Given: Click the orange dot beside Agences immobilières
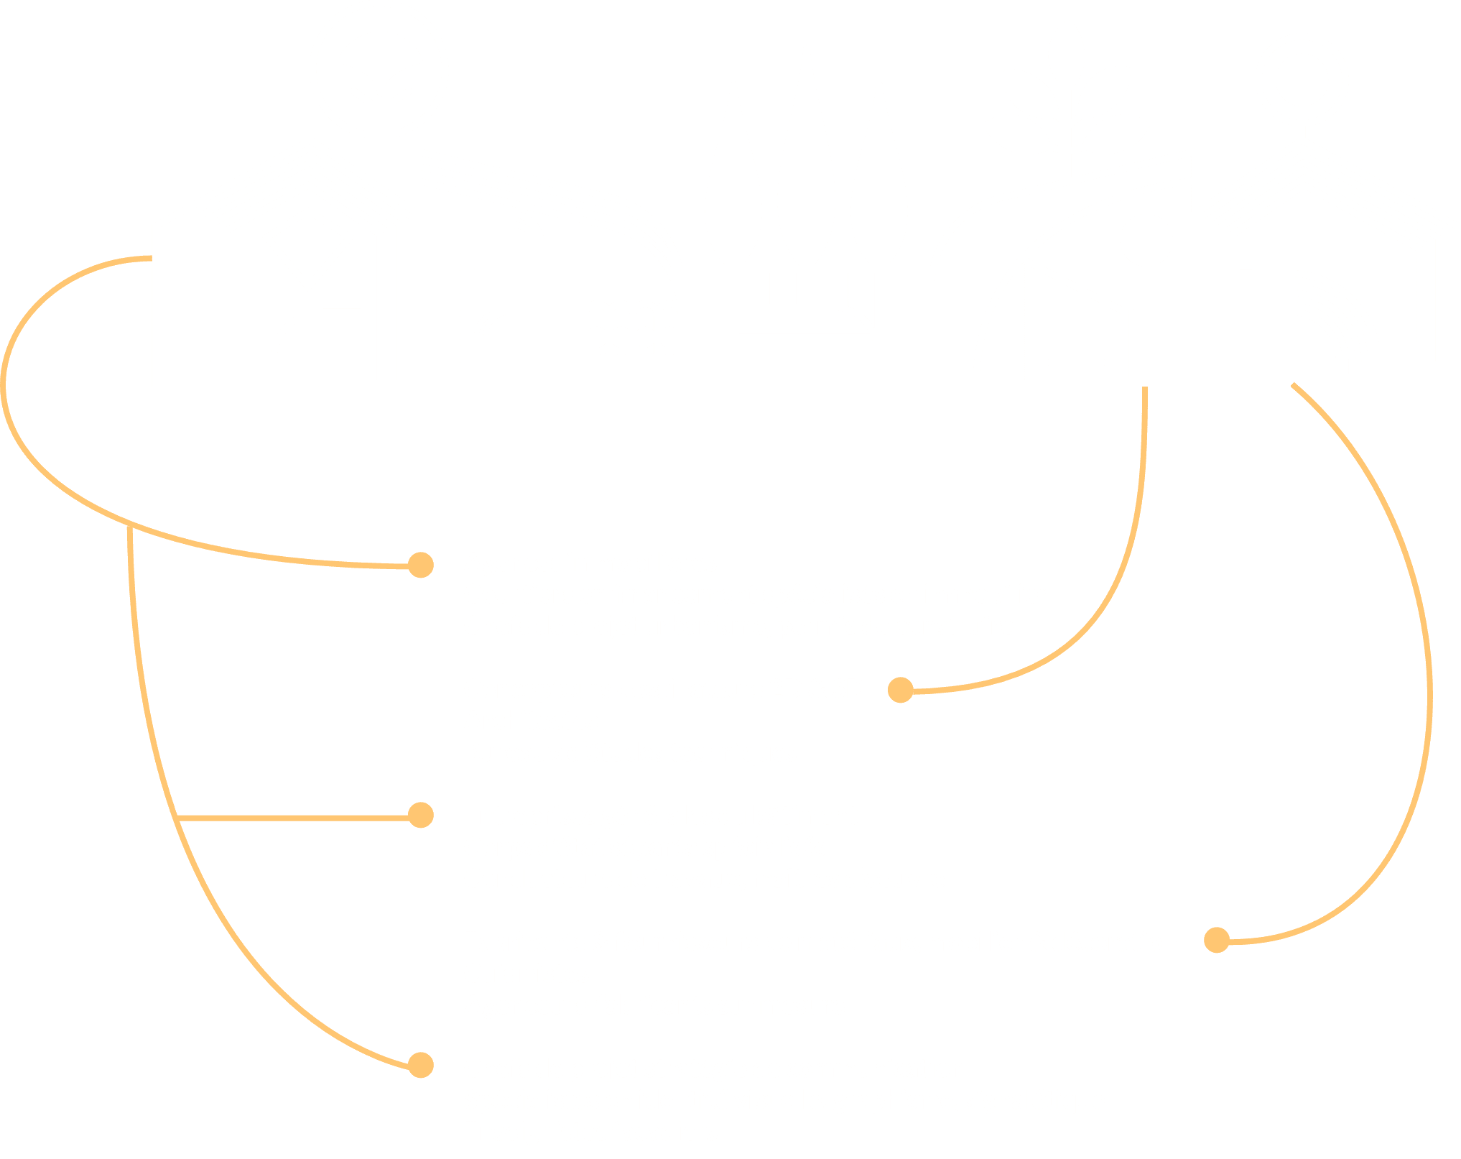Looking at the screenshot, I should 421,565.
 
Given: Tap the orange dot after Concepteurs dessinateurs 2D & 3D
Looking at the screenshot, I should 900,690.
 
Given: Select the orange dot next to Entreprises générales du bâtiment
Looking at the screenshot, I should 421,816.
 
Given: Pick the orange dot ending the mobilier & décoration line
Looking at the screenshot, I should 1217,940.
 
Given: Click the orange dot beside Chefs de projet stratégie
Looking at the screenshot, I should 421,1066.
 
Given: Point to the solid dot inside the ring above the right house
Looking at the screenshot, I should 1302,79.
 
